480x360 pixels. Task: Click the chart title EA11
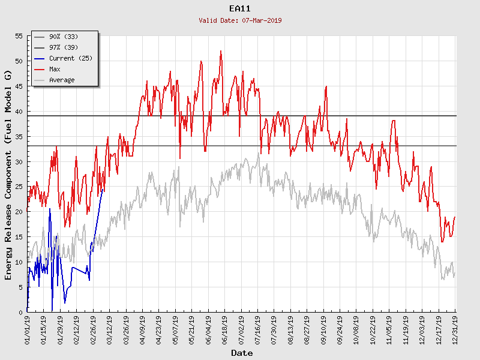pyautogui.click(x=240, y=8)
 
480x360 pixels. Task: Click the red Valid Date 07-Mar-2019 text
pyautogui.click(x=240, y=20)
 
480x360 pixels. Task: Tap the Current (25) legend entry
pyautogui.click(x=70, y=59)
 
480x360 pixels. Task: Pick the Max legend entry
pyautogui.click(x=55, y=70)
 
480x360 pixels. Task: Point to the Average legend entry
pyautogui.click(x=62, y=80)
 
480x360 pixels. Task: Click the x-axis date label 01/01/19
pyautogui.click(x=28, y=330)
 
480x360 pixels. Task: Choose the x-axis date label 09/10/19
pyautogui.click(x=324, y=330)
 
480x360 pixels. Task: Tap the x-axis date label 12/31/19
pyautogui.click(x=455, y=330)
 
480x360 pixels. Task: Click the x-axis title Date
pyautogui.click(x=242, y=353)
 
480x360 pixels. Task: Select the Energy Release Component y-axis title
pyautogui.click(x=8, y=174)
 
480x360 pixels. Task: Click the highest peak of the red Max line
pyautogui.click(x=221, y=51)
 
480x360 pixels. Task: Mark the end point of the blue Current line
pyautogui.click(x=103, y=189)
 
